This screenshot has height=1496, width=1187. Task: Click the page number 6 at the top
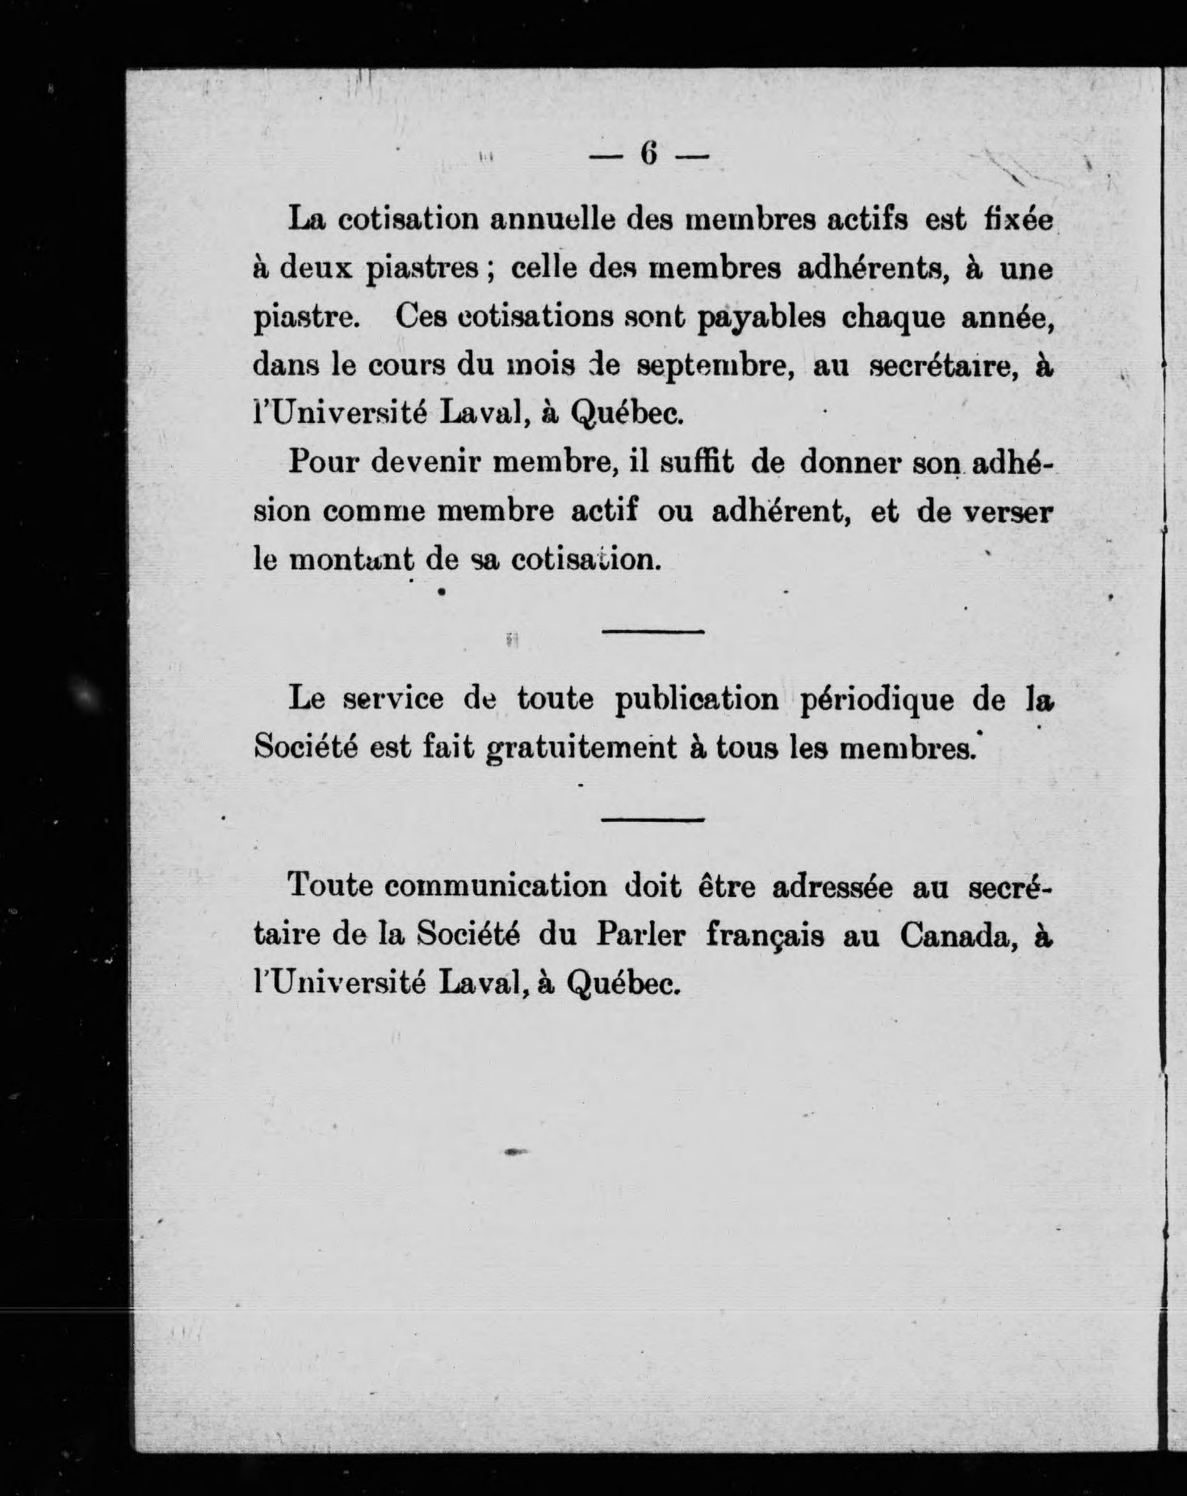651,154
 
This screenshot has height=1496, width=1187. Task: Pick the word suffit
696,463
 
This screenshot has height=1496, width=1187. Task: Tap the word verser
1009,512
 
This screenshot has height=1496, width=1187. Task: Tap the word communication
495,886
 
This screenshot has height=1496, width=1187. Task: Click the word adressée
832,886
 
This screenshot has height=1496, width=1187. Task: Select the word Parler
641,935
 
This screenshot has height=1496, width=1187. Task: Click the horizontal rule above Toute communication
653,819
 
